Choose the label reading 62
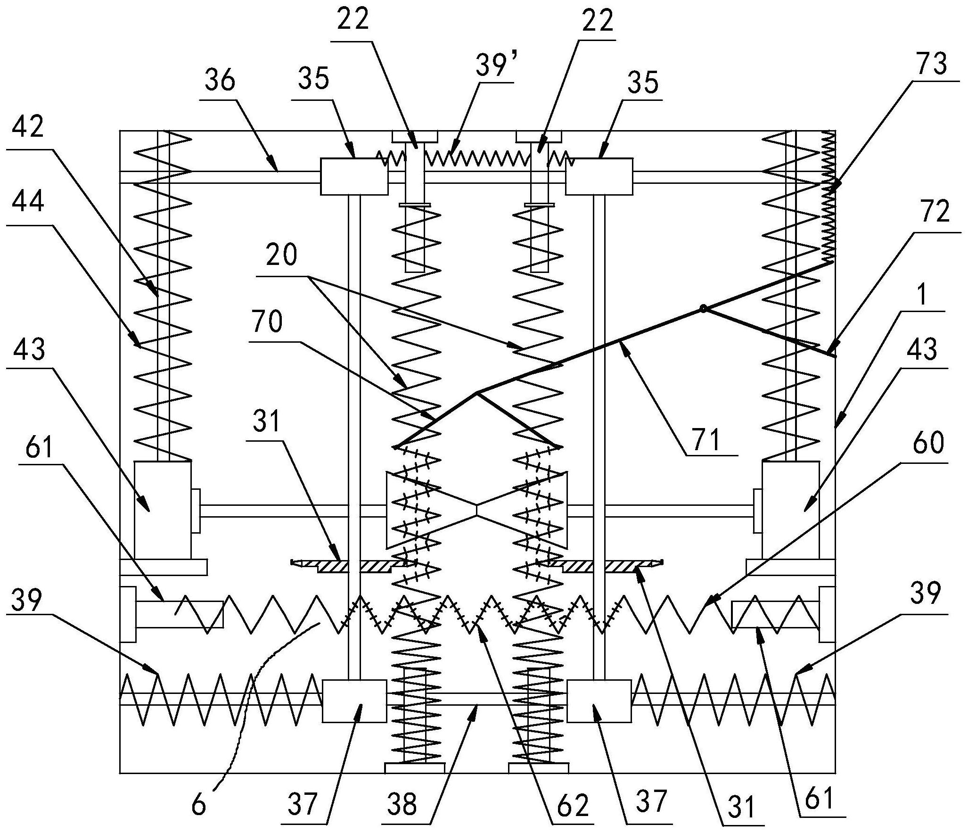pos(576,806)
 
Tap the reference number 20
pos(281,255)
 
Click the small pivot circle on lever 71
pos(703,309)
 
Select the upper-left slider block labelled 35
pos(354,177)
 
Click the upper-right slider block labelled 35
pos(599,177)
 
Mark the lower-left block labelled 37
pos(354,701)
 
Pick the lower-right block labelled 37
pos(599,701)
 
